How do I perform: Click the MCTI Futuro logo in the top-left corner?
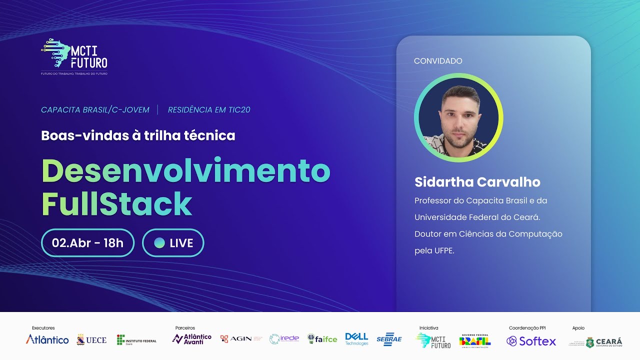(x=74, y=55)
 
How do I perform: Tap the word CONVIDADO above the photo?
(x=438, y=61)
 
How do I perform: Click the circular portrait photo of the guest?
(x=458, y=118)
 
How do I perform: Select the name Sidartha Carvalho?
(x=477, y=182)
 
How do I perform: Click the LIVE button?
(x=173, y=243)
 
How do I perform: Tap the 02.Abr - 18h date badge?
(x=87, y=243)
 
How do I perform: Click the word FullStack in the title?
(x=116, y=203)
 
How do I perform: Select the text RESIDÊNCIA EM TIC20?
(x=209, y=109)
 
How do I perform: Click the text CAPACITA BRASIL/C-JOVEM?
(x=95, y=109)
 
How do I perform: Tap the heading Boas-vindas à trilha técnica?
(x=138, y=135)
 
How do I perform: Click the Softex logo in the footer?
(x=531, y=341)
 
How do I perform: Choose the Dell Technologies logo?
(x=356, y=339)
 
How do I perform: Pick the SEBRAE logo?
(x=389, y=339)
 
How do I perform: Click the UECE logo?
(x=91, y=340)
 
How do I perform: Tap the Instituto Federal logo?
(x=136, y=340)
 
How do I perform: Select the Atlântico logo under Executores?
(x=47, y=340)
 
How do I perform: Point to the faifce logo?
(x=322, y=339)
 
